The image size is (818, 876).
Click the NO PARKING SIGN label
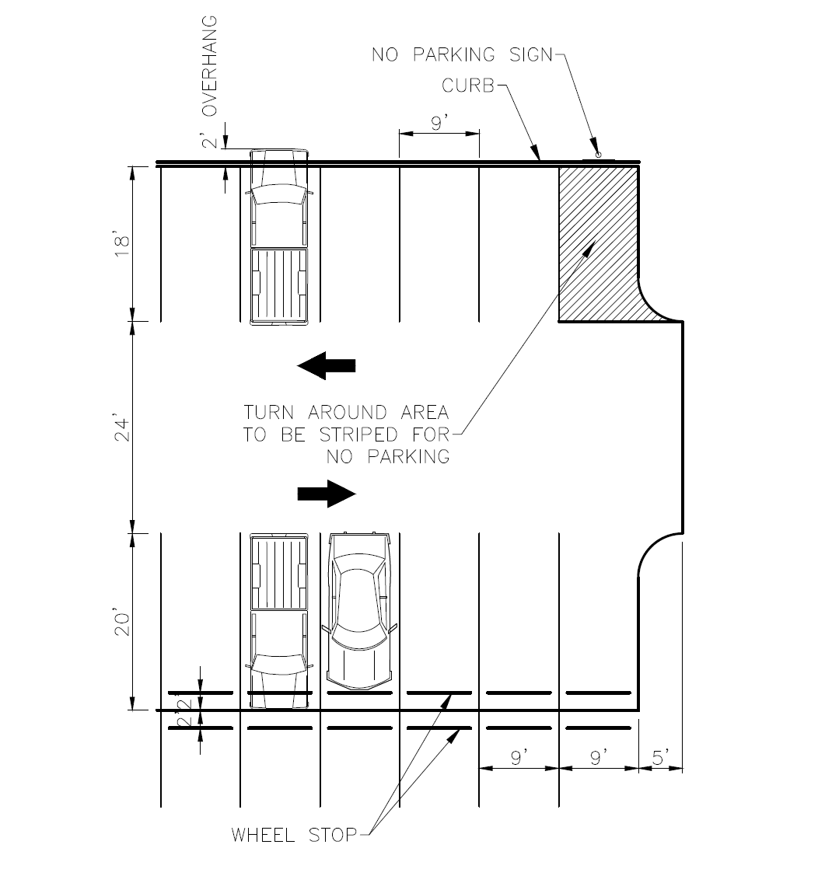(462, 54)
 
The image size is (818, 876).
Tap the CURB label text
(468, 86)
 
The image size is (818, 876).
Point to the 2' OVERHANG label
(209, 82)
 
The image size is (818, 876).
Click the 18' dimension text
(122, 245)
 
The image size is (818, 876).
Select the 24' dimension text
(122, 428)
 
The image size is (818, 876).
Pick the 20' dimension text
(122, 623)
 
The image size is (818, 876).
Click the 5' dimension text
(660, 758)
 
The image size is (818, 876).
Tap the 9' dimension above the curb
(439, 123)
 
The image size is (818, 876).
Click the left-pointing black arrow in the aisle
(327, 365)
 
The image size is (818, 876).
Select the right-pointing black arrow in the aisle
(327, 494)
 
